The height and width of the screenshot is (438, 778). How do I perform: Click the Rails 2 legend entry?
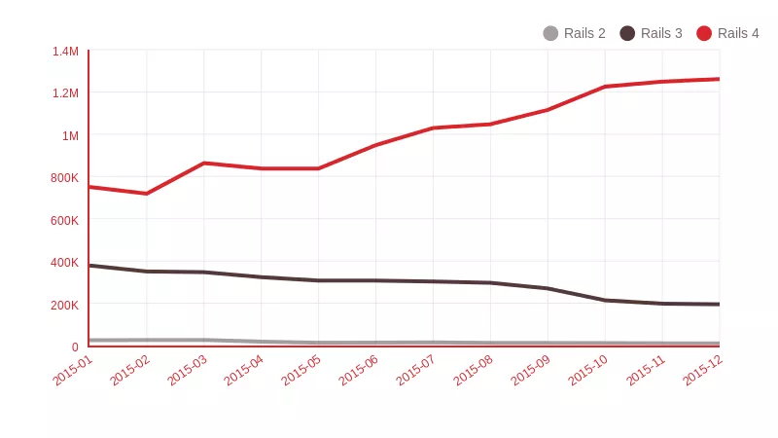point(574,33)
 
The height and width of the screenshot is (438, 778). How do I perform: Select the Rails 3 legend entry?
point(651,33)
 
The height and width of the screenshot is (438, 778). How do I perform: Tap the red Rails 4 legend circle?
point(704,33)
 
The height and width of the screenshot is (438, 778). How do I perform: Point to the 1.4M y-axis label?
point(65,51)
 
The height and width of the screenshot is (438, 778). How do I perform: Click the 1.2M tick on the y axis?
point(65,93)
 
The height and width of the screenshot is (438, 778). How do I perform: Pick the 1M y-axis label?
point(70,135)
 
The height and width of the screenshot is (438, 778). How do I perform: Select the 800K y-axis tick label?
point(64,177)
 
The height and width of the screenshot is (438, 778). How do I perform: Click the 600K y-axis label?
point(64,220)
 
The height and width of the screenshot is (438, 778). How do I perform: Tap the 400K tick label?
point(64,262)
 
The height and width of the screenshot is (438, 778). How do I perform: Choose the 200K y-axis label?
point(64,305)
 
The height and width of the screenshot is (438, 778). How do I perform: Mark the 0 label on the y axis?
point(75,347)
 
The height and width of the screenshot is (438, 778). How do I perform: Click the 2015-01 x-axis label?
point(73,371)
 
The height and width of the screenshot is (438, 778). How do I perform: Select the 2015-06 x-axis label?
point(359,371)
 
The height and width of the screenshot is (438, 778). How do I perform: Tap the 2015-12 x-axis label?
point(702,371)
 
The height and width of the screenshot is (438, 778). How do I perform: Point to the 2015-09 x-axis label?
point(530,371)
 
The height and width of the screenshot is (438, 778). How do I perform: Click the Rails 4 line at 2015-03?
point(203,163)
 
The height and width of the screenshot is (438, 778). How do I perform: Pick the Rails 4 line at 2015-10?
point(605,87)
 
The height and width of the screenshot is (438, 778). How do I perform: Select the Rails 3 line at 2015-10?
point(605,300)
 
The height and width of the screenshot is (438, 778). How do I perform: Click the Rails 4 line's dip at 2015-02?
point(146,194)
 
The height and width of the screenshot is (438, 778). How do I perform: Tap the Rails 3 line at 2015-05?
point(318,280)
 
